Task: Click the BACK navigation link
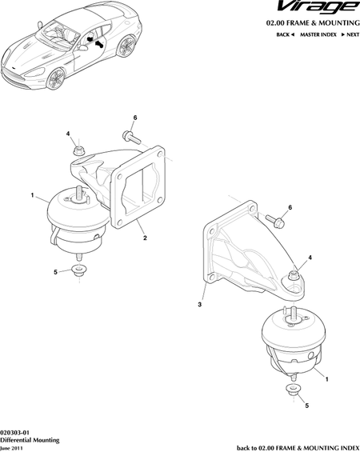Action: point(285,34)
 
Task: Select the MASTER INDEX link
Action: point(318,34)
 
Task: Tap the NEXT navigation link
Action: point(350,34)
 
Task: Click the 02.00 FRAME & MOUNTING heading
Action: point(313,22)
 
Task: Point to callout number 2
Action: point(145,238)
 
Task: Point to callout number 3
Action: point(200,305)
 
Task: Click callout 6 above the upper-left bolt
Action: point(135,118)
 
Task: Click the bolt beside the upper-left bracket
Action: point(132,137)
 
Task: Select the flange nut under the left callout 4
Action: point(77,150)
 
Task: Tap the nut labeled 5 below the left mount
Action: point(78,270)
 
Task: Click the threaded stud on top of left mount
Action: point(78,193)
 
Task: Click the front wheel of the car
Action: point(56,78)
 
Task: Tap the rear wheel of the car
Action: point(126,46)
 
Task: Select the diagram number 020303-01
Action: point(14,433)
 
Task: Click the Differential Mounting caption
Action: point(30,440)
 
